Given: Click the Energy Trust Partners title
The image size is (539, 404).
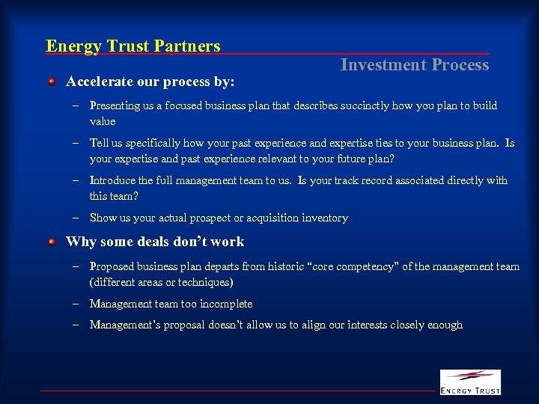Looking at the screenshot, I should click(133, 46).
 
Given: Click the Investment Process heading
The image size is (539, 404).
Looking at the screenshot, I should click(414, 65).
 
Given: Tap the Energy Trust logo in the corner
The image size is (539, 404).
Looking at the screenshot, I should click(470, 382).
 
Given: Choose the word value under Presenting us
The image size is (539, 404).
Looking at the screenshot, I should click(103, 121).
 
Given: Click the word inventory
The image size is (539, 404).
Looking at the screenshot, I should click(324, 218).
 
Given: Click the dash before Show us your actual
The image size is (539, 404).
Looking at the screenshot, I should click(76, 218).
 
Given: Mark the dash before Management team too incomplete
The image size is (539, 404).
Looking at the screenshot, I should click(76, 304).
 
